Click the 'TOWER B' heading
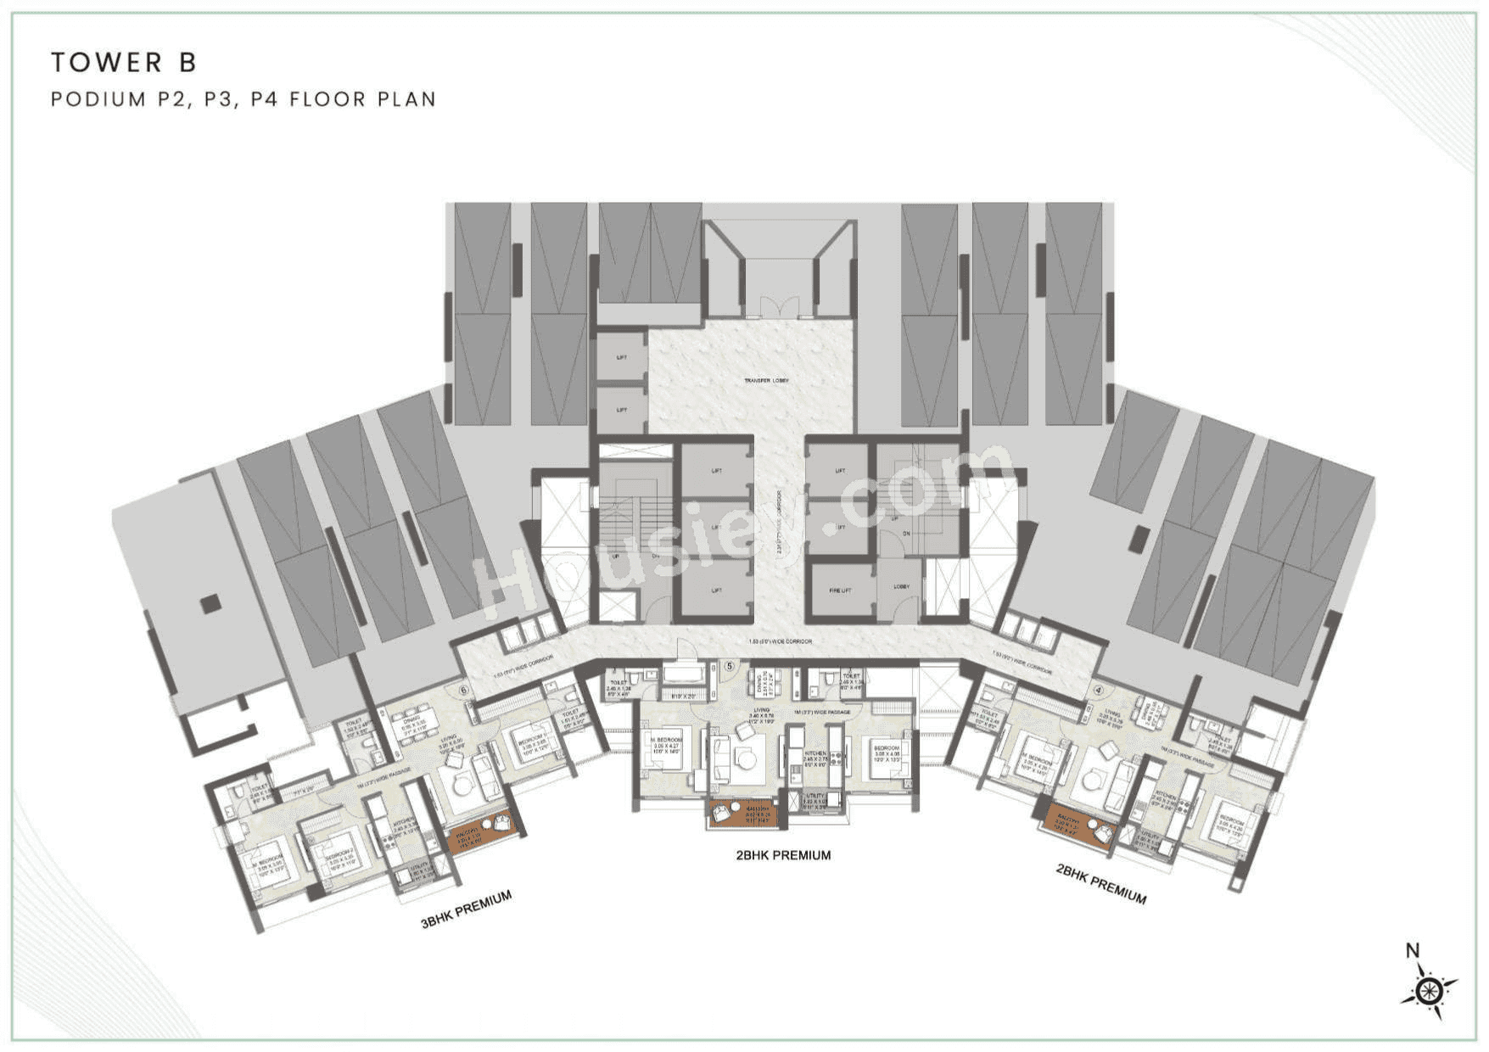124,62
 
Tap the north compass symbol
1430,989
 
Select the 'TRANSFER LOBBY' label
766,381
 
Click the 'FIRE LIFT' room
840,590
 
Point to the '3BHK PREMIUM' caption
466,909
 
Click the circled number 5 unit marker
730,666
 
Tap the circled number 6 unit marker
463,690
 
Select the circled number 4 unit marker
1099,691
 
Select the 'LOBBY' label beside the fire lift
901,586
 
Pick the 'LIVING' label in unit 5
761,710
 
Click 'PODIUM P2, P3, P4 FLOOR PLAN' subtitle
244,99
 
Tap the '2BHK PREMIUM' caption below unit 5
783,855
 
